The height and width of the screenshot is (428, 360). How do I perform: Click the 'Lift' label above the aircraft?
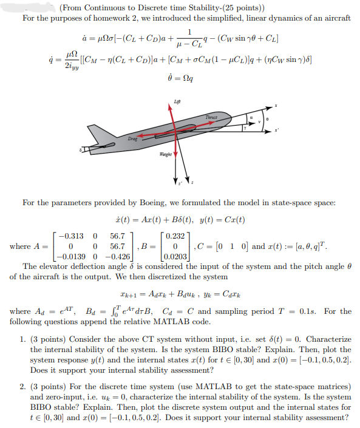point(176,101)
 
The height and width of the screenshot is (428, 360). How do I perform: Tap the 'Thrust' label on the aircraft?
point(211,117)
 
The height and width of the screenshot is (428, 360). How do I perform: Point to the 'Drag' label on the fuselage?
point(132,138)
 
